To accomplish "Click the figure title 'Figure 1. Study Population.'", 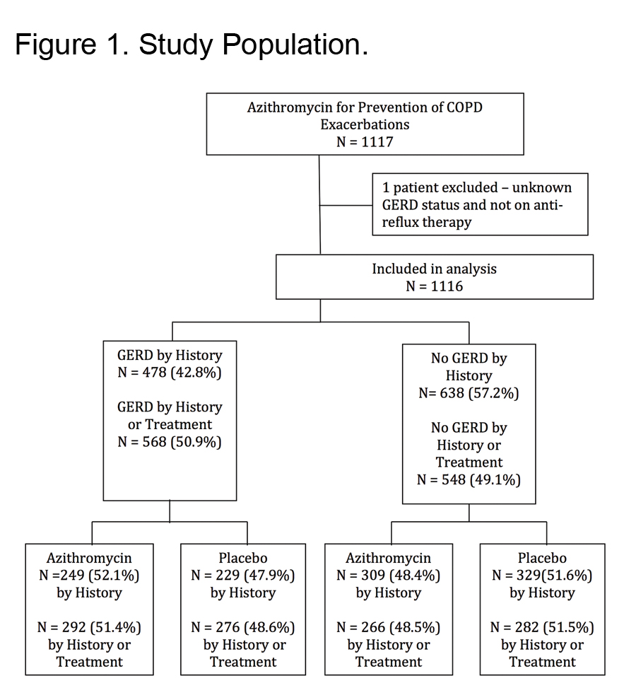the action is tap(192, 45).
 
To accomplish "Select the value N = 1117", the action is tap(365, 142).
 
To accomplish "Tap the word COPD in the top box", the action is tap(464, 107).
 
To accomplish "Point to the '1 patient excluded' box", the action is tap(481, 204).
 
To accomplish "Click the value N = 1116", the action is tap(435, 286).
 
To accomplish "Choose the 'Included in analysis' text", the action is tap(435, 269).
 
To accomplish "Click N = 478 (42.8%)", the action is tap(170, 373).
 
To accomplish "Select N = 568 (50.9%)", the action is tap(170, 442).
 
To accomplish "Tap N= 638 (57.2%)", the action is tap(469, 393).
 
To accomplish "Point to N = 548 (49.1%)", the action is tap(469, 480).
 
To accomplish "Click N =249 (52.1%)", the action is tap(89, 576).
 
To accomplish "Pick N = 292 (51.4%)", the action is tap(89, 628).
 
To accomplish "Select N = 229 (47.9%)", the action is tap(243, 576).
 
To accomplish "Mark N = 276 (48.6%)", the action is tap(243, 628).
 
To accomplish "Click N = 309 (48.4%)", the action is tap(388, 576).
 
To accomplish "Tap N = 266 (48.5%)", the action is tap(388, 628).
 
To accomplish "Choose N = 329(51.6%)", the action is tap(542, 576).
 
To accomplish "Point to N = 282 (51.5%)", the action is tap(542, 628).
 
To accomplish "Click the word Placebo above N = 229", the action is tap(243, 558).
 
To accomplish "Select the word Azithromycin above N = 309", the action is tap(388, 559).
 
